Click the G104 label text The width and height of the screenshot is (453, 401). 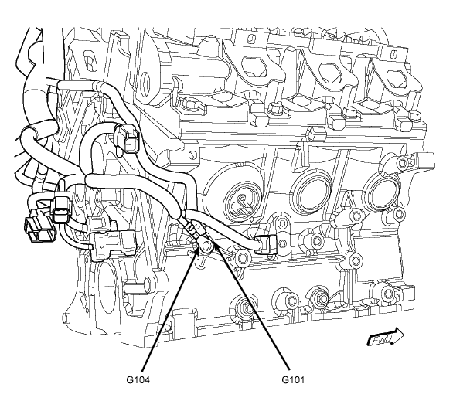(138, 379)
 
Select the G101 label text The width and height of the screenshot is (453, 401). (293, 379)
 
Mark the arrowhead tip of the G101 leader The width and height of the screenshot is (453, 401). (214, 243)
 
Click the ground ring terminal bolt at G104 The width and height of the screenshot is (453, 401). (206, 246)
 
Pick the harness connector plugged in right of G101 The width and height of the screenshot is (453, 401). (264, 244)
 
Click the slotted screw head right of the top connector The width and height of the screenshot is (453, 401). (191, 155)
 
